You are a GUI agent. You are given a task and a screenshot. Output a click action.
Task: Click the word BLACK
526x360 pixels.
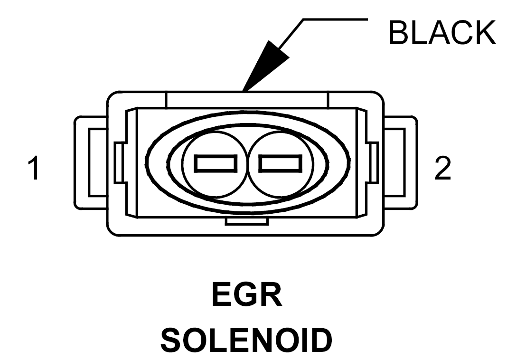point(442,33)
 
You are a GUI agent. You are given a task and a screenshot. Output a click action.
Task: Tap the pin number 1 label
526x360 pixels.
point(34,168)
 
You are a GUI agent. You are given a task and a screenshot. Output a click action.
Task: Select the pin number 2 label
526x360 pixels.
point(442,168)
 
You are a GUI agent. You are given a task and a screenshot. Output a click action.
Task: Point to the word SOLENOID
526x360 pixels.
point(246,340)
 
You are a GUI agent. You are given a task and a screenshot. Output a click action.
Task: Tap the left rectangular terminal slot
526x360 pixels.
point(216,163)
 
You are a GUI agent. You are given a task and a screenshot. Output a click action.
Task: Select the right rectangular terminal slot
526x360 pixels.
point(281,163)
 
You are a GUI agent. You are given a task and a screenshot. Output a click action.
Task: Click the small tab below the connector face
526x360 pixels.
point(246,221)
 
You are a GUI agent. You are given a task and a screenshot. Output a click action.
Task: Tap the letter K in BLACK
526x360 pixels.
point(485,33)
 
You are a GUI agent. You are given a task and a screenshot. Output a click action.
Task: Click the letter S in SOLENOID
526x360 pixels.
point(172,340)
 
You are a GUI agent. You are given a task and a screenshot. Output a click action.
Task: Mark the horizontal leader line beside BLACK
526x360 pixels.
point(336,19)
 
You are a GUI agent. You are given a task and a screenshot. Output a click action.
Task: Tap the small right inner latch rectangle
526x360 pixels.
point(373,162)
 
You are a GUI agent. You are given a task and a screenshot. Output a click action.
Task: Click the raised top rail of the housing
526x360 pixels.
point(246,100)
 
